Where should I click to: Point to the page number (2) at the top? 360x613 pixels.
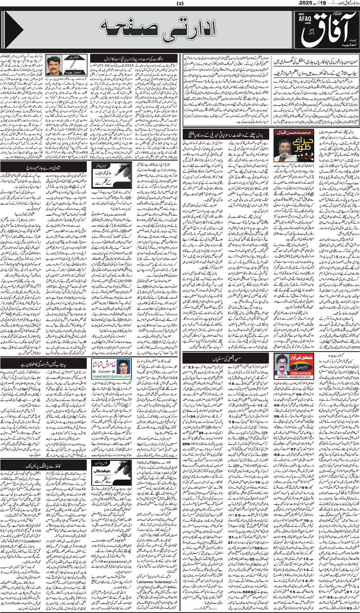180,4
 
